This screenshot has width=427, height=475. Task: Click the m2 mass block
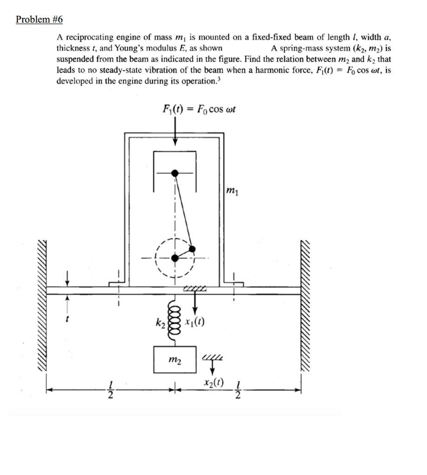tap(175, 359)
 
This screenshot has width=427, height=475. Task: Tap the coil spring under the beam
tap(175, 320)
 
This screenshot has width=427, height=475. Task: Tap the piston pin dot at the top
tap(175, 173)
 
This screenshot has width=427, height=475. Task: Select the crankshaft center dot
tap(175, 258)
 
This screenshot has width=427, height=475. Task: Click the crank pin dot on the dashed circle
tap(192, 249)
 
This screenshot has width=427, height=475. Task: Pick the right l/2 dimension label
tap(238, 389)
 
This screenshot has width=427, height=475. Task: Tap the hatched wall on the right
tap(307, 306)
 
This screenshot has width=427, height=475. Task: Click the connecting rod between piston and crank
tap(183, 211)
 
